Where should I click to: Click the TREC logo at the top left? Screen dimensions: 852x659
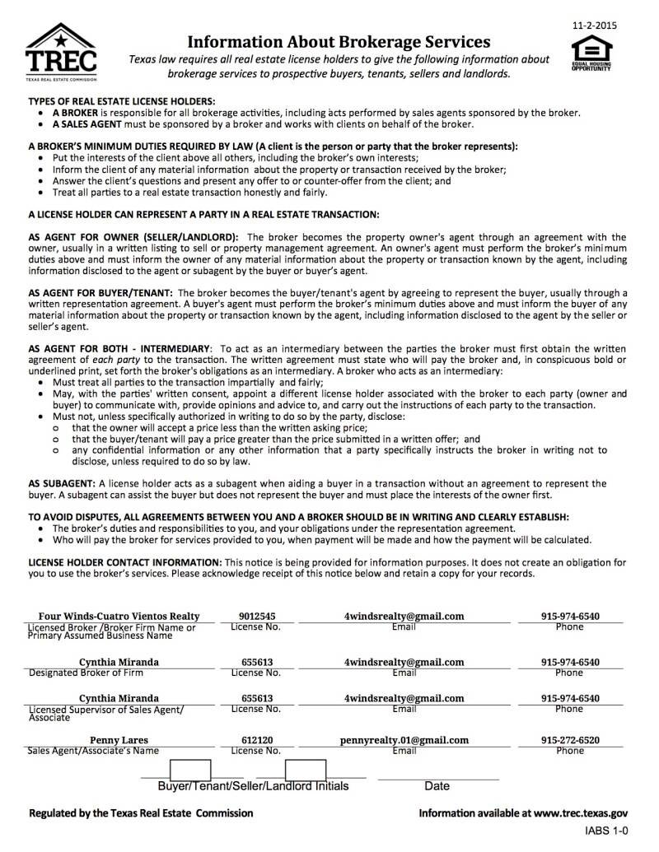[x=61, y=52]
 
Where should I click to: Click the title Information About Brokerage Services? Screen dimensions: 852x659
[x=339, y=42]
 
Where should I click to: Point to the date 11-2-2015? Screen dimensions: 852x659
[x=594, y=26]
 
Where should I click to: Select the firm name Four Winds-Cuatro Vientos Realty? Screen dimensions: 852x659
[x=119, y=616]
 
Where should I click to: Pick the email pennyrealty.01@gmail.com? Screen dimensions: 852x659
[x=404, y=740]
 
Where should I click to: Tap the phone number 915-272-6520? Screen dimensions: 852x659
[x=570, y=740]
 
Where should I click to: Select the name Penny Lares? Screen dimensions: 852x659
[x=119, y=740]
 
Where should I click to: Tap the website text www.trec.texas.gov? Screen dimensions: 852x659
[x=581, y=812]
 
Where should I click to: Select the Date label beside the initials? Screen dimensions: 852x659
[x=437, y=786]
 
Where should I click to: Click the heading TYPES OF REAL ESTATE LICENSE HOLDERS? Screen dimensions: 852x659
[x=121, y=101]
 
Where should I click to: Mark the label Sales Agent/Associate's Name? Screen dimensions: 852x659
[x=93, y=751]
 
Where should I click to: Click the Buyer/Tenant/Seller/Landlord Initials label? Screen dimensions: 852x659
[x=253, y=786]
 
